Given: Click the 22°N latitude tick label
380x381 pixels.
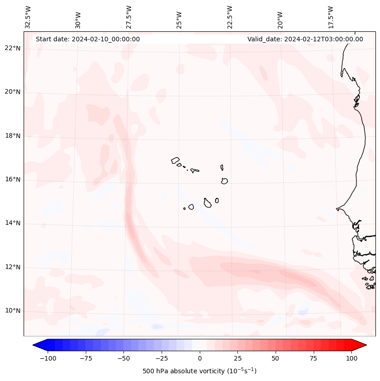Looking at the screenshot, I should click(12, 49).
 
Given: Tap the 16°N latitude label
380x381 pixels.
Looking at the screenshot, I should click(12, 180).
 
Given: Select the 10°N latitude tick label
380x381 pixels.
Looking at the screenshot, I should click(12, 311).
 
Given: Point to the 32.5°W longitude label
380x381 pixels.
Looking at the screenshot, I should click(28, 17).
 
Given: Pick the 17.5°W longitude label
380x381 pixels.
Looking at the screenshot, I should click(331, 17).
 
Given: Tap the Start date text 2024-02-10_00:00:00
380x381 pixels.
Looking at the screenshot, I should click(88, 39).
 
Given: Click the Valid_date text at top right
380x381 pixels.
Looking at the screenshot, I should click(305, 39).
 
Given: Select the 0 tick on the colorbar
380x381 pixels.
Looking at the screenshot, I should click(200, 358).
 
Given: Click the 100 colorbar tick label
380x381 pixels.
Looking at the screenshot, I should click(351, 358).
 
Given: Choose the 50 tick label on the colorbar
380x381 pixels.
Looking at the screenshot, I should click(276, 358).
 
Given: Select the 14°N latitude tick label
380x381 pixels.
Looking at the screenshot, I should click(12, 223).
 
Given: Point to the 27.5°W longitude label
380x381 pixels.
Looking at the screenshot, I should click(129, 17).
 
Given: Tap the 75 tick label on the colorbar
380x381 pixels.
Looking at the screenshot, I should click(314, 358).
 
